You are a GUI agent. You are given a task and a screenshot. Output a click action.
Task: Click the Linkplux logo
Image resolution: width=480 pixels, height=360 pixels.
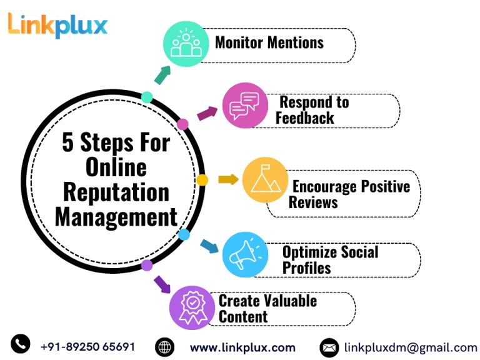(57, 24)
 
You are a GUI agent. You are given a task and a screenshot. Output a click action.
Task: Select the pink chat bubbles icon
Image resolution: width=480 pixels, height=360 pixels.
(245, 105)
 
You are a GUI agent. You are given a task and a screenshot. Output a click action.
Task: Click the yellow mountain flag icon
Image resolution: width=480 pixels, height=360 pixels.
(265, 179)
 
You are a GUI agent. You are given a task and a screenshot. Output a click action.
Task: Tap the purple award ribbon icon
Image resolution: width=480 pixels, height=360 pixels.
(192, 307)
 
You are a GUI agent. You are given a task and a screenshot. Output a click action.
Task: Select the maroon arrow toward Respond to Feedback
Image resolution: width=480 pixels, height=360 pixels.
(207, 114)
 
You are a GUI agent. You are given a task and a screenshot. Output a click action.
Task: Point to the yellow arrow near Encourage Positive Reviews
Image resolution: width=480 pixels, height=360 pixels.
(228, 179)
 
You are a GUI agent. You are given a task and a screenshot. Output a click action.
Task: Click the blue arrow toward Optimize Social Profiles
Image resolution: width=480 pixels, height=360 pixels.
(209, 246)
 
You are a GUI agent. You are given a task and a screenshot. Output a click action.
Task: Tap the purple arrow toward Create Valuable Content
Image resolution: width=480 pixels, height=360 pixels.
(162, 284)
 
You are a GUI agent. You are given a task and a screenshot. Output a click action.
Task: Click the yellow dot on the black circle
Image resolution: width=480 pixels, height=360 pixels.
(202, 180)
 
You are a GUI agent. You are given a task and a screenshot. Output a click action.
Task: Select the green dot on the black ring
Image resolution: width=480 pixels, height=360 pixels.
(147, 97)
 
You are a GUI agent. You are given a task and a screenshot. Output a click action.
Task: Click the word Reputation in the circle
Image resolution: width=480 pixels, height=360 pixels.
(116, 192)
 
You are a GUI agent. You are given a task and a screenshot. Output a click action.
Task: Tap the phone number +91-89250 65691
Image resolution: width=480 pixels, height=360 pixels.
(87, 346)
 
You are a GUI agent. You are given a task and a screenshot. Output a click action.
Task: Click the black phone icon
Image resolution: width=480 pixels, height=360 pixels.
(20, 344)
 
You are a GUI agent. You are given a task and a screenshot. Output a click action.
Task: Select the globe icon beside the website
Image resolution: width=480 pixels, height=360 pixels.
(164, 347)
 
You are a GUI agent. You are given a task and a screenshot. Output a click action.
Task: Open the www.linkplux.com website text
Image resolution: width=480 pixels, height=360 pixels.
(242, 347)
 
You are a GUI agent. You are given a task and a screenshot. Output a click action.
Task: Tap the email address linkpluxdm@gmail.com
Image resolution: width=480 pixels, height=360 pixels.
(411, 347)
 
